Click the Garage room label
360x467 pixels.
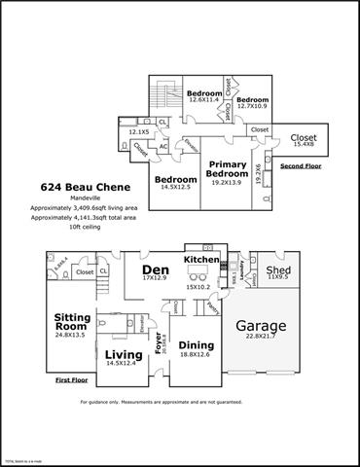[259, 325]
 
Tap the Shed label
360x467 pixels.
[278, 269]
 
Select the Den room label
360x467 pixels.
[156, 269]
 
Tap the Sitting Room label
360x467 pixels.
[71, 322]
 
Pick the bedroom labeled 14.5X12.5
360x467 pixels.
[176, 180]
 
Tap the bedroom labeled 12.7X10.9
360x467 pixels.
[252, 99]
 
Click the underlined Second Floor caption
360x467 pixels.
[300, 165]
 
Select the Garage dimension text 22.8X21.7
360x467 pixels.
[259, 337]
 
